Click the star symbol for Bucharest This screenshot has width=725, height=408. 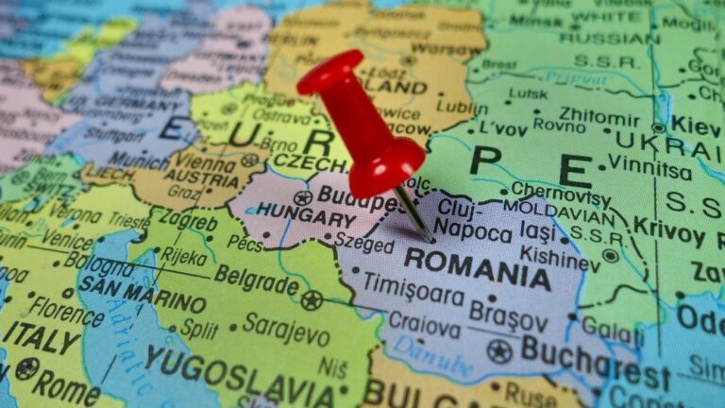[x=499, y=351]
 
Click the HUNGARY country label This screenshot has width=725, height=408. [x=306, y=217]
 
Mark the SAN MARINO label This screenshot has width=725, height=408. [x=142, y=294]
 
